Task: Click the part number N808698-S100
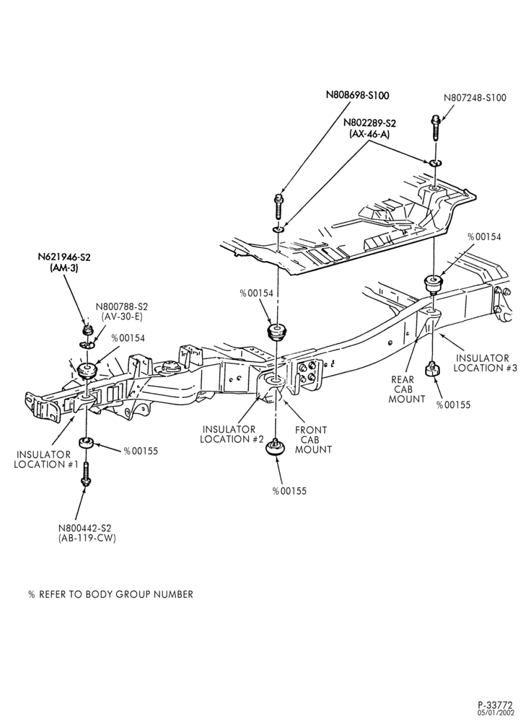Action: (x=358, y=95)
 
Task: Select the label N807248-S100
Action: (x=475, y=97)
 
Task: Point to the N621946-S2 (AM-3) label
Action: (x=64, y=262)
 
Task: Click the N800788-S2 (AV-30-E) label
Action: (x=121, y=311)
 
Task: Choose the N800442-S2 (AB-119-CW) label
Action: (x=87, y=533)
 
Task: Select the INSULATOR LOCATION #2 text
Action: (x=232, y=434)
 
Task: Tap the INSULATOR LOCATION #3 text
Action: (x=486, y=363)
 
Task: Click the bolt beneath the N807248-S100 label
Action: (x=435, y=128)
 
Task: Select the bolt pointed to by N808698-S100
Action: (x=278, y=206)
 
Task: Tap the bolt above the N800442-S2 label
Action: (x=86, y=472)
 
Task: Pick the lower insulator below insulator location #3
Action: (x=431, y=368)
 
